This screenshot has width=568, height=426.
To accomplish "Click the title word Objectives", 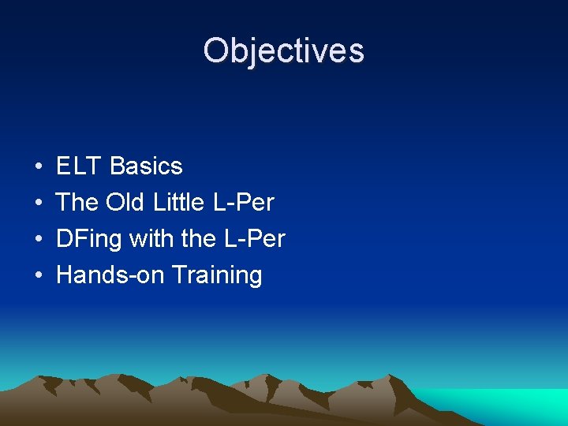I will (x=283, y=50).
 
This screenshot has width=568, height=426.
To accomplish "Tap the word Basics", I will (x=146, y=166).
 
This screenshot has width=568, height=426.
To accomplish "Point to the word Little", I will (x=179, y=203).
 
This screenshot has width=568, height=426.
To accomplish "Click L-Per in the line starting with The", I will (x=244, y=203).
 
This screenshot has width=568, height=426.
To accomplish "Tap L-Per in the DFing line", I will (x=255, y=239).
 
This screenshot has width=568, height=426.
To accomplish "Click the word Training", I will (x=217, y=275).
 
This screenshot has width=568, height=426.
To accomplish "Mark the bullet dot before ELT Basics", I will (x=39, y=167).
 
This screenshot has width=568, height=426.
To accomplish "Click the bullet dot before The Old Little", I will (x=39, y=204).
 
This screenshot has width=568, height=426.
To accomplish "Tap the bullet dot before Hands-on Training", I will (x=39, y=276).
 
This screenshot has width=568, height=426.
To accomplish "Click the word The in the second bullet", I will (x=77, y=203).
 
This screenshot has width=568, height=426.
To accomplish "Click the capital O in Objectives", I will (x=215, y=50).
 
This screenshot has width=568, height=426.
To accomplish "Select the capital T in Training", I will (x=178, y=275).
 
